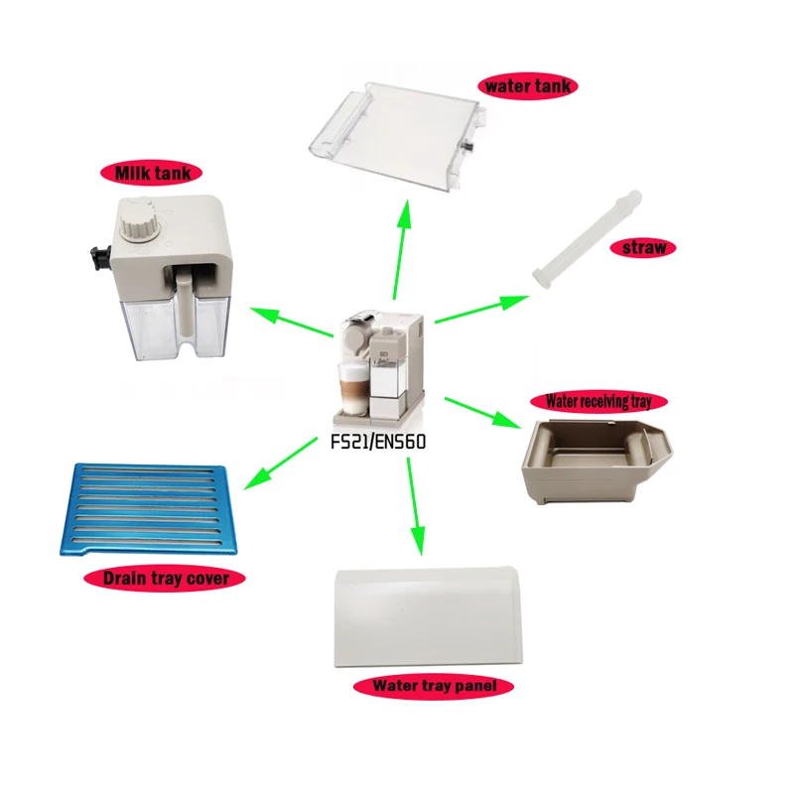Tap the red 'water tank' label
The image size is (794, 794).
[526, 86]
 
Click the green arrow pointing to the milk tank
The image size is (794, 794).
[290, 324]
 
